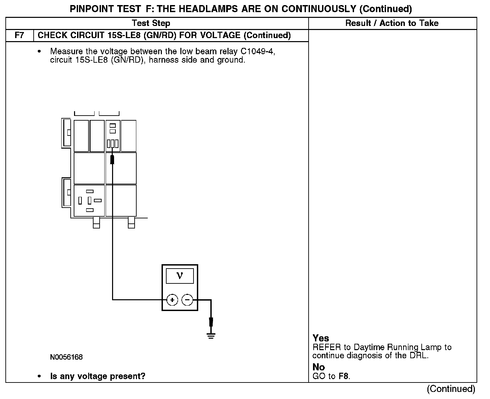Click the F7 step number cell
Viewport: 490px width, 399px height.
tap(20, 35)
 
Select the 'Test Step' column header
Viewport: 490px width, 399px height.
tap(151, 23)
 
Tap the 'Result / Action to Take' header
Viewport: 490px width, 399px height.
tap(392, 23)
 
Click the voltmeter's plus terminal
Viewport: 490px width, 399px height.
tap(172, 300)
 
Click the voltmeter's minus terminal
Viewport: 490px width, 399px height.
tap(187, 300)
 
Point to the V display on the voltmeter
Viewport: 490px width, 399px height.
tap(180, 276)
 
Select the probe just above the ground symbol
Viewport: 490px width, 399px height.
tap(211, 322)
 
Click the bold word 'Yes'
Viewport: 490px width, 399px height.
tap(321, 338)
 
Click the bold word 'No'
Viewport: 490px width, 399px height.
tap(318, 367)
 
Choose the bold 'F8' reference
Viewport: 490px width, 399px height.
tap(344, 376)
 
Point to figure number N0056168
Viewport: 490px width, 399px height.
tap(66, 357)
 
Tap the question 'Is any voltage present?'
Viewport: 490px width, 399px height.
tap(98, 376)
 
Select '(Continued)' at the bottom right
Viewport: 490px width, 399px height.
tap(451, 389)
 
